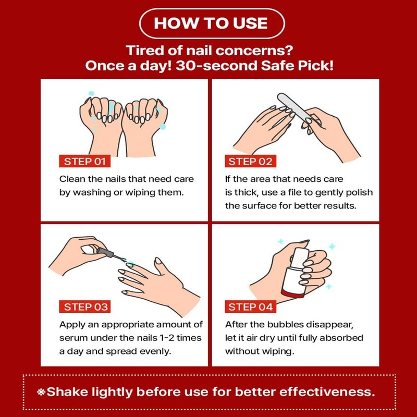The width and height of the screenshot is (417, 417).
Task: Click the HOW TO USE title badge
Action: coord(211,23)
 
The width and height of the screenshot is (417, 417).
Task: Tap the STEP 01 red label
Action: coord(85,161)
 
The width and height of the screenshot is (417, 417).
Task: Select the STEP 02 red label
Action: coord(250,161)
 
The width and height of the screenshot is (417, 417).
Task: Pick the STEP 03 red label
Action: coord(86,306)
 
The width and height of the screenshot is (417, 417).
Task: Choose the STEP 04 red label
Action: coord(251,306)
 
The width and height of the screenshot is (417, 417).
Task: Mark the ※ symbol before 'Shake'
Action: coord(41,392)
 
